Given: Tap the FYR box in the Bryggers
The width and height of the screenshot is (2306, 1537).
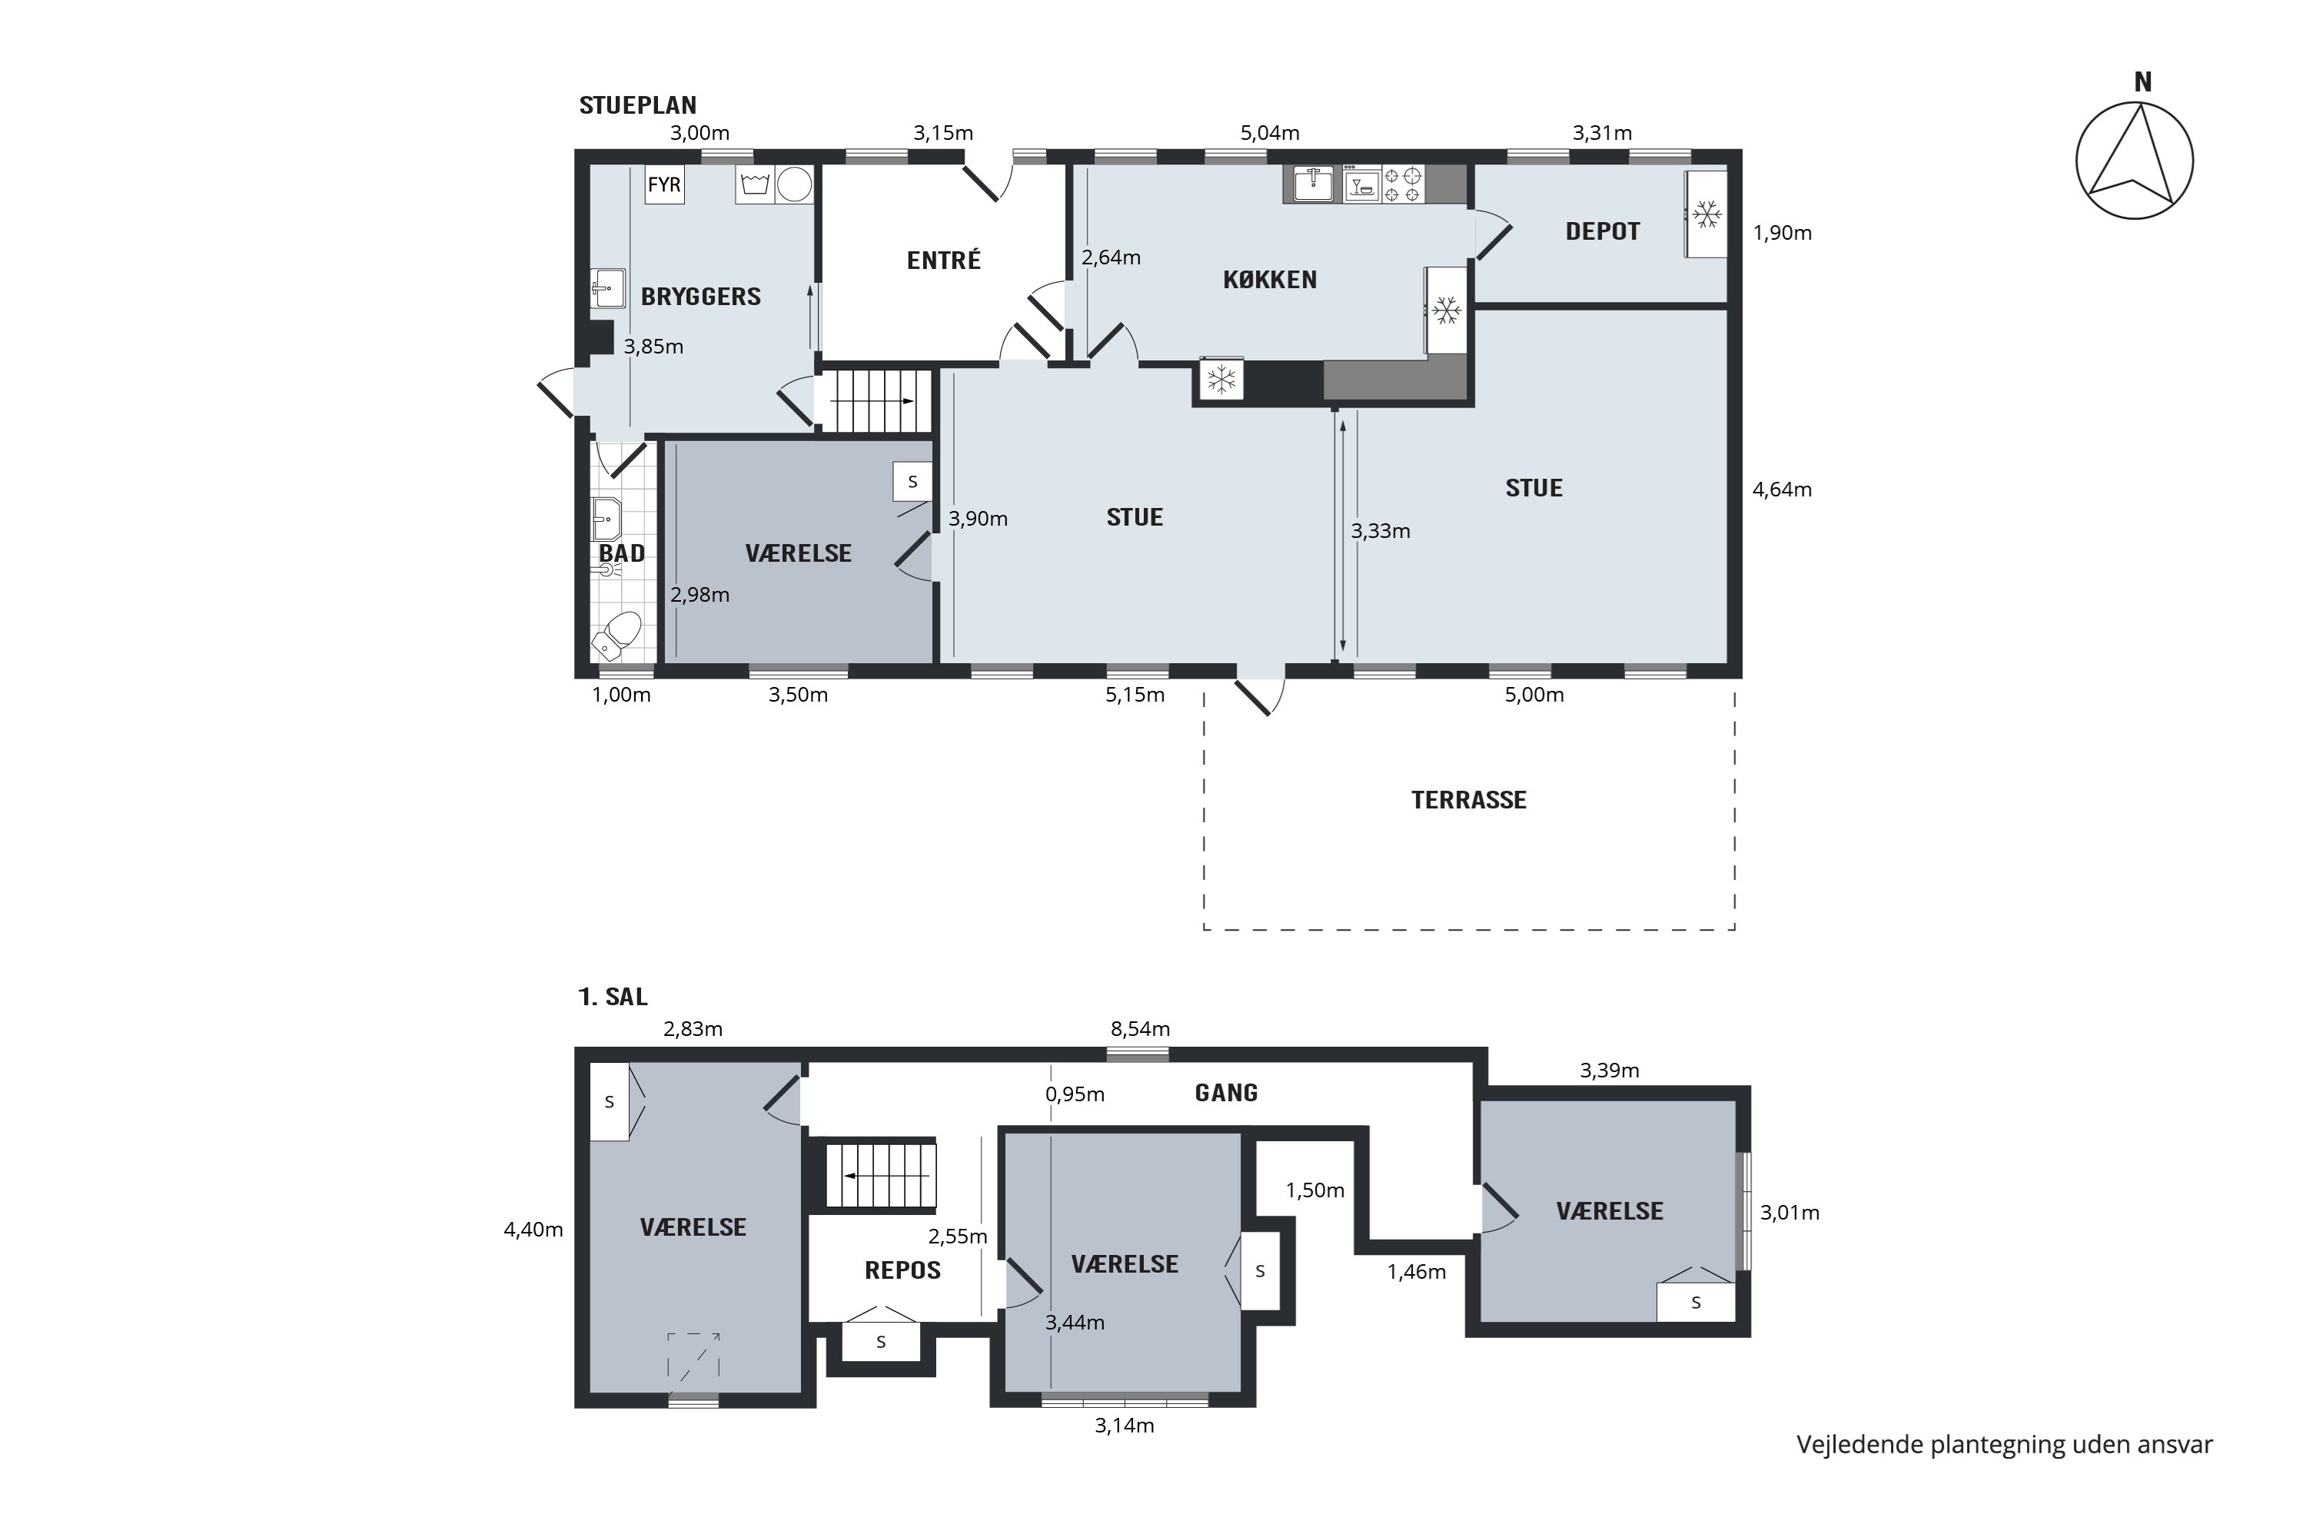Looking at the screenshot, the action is (664, 184).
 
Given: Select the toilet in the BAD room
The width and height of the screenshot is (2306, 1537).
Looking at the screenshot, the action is (616, 636).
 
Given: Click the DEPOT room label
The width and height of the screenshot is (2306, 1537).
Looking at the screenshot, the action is (1602, 231).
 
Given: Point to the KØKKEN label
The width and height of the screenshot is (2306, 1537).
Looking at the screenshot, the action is (1270, 280).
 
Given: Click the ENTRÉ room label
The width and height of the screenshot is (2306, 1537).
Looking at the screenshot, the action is (943, 260).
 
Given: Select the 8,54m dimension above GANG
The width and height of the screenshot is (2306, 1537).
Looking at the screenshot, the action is (1140, 1029).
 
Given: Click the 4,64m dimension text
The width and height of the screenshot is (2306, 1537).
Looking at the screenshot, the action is (1782, 489).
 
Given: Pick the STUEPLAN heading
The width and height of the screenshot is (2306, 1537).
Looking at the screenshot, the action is (637, 105).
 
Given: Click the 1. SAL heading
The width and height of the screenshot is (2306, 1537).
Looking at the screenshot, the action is (613, 997).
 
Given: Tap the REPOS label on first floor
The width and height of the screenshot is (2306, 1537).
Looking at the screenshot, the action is (902, 1270).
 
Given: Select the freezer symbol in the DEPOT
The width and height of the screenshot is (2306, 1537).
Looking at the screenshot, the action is (1706, 214).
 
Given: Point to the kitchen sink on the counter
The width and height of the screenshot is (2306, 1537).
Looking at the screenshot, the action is (1312, 184).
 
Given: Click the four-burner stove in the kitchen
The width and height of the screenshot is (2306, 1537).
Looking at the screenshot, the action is (1403, 184).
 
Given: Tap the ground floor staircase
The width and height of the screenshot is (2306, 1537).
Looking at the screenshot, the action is (873, 401).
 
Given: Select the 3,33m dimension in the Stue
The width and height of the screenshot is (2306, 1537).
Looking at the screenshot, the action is (1381, 531).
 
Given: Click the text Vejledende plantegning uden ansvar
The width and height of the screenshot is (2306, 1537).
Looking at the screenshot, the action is (2004, 1444).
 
